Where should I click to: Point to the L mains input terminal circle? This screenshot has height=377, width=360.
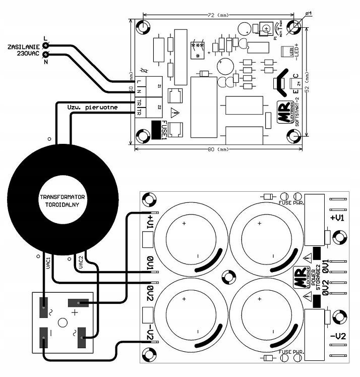tap(46, 44)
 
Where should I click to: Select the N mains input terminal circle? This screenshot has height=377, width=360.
tap(46, 55)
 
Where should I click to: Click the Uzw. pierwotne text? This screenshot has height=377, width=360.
tap(92, 107)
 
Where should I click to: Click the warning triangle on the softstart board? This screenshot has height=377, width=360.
tap(174, 113)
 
